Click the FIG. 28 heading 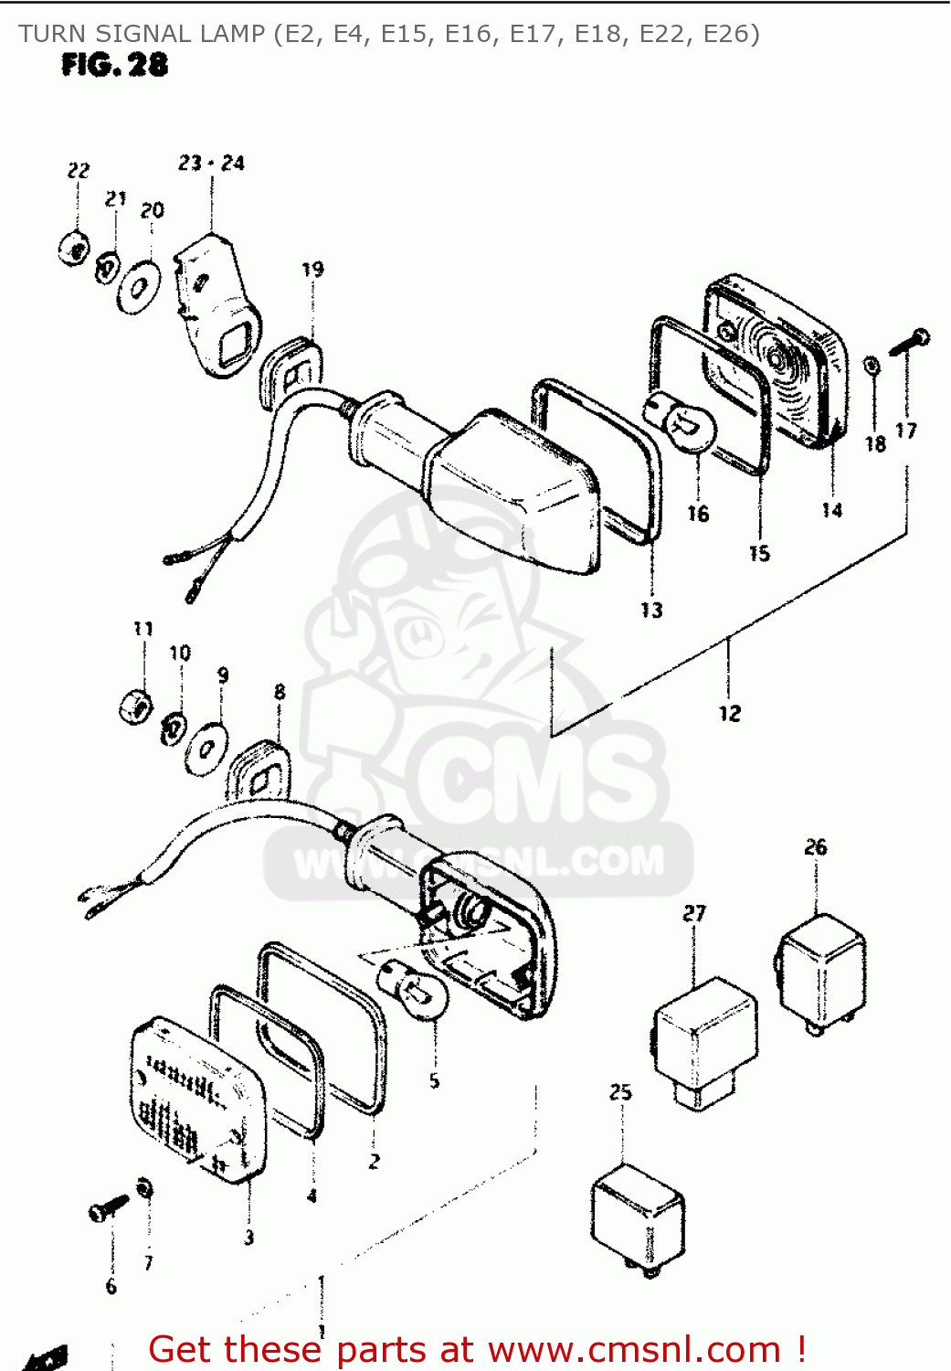pos(114,65)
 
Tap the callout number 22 pos(79,170)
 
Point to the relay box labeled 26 pos(821,971)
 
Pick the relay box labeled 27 pos(704,1037)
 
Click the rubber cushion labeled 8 pos(259,772)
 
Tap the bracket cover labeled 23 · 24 pos(216,302)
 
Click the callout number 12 pos(729,713)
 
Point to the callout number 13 pos(651,610)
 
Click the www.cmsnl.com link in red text pos(634,1350)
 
